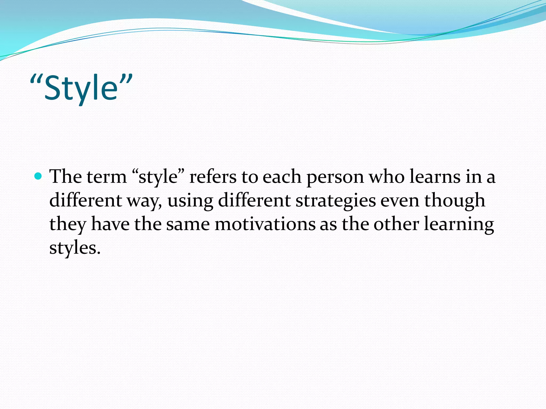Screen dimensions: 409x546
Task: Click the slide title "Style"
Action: click(x=81, y=88)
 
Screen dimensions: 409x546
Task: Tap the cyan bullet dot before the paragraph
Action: click(x=39, y=176)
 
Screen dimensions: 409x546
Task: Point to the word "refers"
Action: click(x=213, y=177)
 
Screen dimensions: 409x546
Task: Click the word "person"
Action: click(x=335, y=177)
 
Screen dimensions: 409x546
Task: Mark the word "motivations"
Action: click(x=265, y=224)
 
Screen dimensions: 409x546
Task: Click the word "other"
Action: click(x=396, y=224)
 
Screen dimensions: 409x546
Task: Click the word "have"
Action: click(x=110, y=224)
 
